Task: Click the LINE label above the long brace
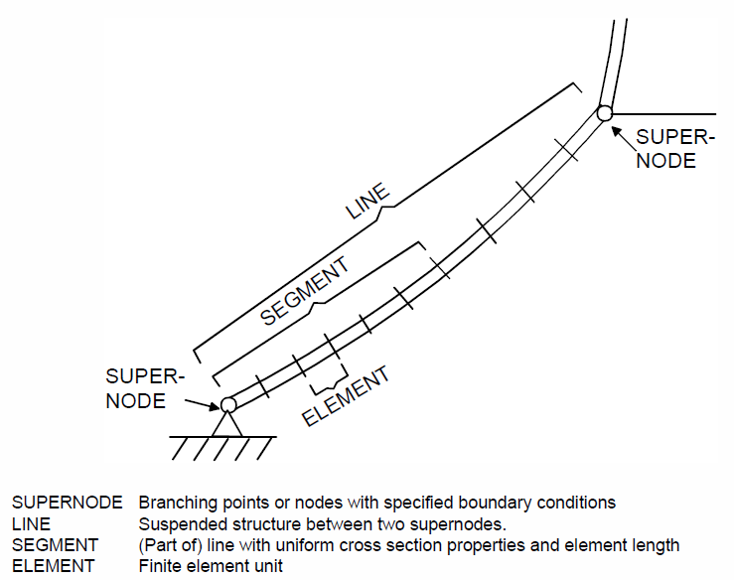367,202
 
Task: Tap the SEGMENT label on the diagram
304,291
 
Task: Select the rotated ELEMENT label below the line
346,396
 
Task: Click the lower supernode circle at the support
228,404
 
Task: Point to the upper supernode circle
604,113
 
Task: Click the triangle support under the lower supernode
227,425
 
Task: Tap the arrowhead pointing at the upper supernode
617,131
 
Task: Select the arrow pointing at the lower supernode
203,405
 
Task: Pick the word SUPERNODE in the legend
67,503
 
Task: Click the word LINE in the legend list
31,523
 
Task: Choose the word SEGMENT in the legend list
55,545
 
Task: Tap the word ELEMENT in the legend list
53,566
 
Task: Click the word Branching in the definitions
179,503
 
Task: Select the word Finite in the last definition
158,566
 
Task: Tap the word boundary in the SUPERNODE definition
495,503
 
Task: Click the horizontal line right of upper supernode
664,114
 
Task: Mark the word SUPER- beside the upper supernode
675,137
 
